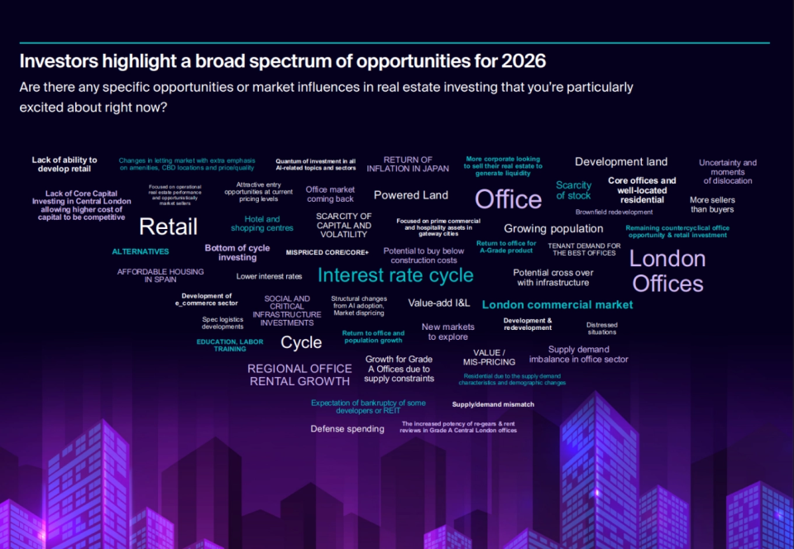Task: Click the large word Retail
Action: [x=168, y=227]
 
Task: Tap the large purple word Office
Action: [x=508, y=199]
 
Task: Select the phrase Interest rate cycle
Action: [x=395, y=275]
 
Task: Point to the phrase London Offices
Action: [x=667, y=271]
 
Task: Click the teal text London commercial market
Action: [x=557, y=304]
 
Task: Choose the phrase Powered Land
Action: [x=411, y=195]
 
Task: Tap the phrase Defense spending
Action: [x=347, y=429]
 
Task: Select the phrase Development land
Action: [x=621, y=162]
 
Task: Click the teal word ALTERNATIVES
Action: [x=141, y=251]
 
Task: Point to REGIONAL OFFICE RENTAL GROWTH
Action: [x=299, y=375]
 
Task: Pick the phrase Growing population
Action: [x=553, y=229]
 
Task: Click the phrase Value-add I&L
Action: [x=438, y=303]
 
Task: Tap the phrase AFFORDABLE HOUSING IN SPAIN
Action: [x=149, y=275]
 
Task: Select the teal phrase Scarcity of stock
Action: [x=573, y=190]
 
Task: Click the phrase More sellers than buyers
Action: [x=712, y=204]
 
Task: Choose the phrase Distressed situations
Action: [x=601, y=328]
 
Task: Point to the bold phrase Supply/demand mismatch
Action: [x=493, y=404]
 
